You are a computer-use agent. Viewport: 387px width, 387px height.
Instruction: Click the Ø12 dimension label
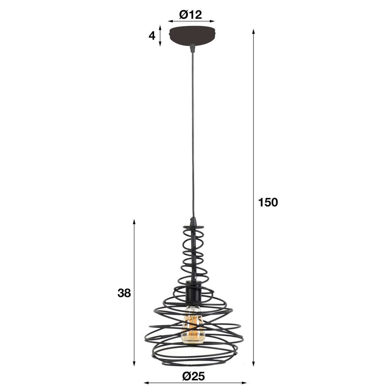coord(190,15)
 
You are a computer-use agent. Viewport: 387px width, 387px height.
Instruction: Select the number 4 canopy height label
coord(152,36)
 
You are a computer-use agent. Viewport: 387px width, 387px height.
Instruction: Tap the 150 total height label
coord(268,202)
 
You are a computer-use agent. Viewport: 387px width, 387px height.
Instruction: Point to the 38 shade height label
coord(124,293)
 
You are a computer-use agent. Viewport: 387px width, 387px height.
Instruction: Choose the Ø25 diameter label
coord(193,377)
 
